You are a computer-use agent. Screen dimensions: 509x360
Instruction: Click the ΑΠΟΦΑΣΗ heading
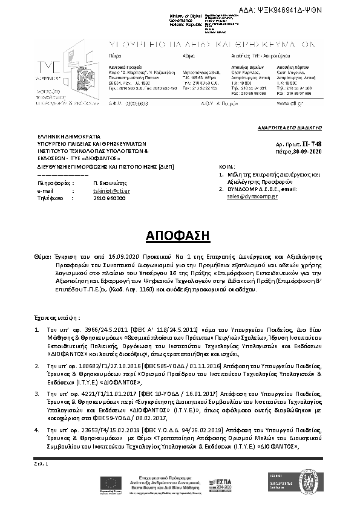[x=180, y=235]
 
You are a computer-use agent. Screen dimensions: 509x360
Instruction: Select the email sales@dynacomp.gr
[x=252, y=196]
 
